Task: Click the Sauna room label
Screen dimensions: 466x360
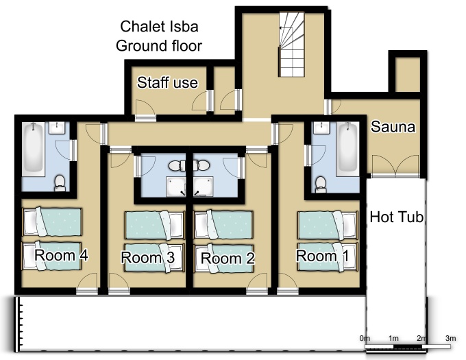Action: click(393, 127)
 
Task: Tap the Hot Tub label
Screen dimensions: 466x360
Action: click(397, 217)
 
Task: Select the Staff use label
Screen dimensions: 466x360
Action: click(167, 82)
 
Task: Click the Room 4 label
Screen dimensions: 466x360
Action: click(61, 255)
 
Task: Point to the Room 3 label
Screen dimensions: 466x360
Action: click(148, 257)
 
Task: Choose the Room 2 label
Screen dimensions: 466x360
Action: click(228, 258)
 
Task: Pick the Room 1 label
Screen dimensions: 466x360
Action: click(323, 256)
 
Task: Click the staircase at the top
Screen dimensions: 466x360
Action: click(291, 44)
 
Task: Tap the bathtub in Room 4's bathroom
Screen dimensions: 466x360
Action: click(34, 149)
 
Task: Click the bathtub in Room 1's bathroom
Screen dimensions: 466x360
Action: click(347, 149)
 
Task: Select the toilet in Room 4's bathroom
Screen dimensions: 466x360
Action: click(60, 183)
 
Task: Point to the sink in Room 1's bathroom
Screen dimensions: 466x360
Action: click(322, 128)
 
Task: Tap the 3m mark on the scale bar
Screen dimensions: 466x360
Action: click(450, 338)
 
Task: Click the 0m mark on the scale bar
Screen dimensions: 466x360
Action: click(365, 338)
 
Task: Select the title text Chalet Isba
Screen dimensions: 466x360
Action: click(159, 27)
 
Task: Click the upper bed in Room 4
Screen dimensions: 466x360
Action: click(52, 221)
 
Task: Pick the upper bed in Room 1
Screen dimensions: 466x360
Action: click(328, 225)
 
